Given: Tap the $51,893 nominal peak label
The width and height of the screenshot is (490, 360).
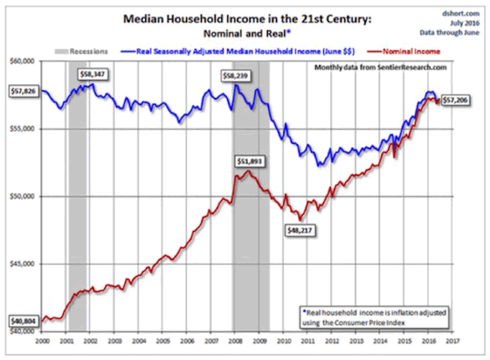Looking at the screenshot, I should pos(250,161).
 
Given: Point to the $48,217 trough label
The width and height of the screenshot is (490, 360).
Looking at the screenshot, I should pos(299,231).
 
